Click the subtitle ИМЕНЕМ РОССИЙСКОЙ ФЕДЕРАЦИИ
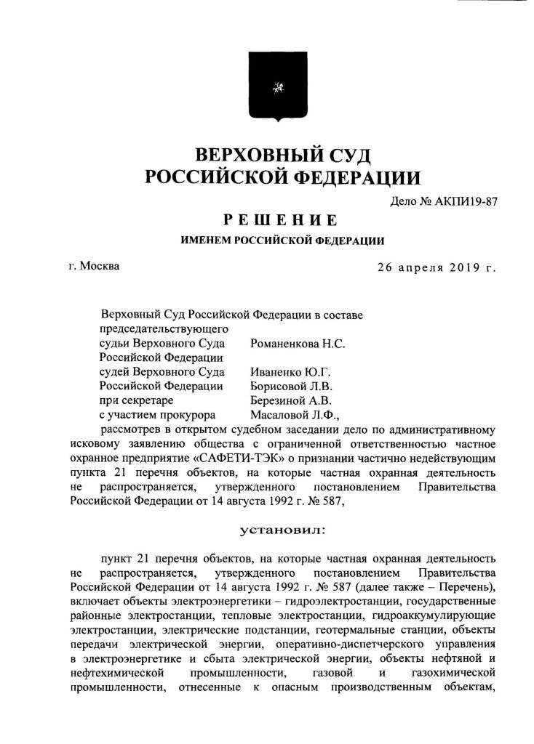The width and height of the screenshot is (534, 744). (283, 240)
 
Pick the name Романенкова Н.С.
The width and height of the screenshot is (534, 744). (297, 344)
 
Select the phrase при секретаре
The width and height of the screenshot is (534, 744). (135, 400)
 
